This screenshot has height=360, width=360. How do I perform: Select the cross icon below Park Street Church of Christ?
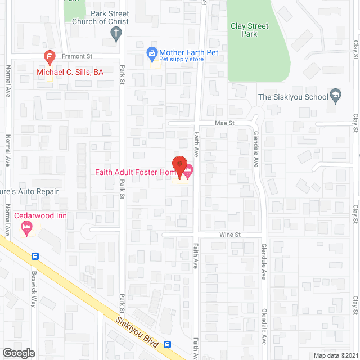pos(116,34)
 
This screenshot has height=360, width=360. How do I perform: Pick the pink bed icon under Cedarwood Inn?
pos(26,227)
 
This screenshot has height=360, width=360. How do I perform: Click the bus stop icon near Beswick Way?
pos(35,256)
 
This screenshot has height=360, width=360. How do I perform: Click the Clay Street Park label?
pos(250,30)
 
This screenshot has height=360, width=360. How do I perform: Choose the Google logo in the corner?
pos(19,353)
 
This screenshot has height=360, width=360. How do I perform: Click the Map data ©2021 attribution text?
pos(335,355)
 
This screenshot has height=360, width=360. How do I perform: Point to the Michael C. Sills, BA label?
pos(70,72)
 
